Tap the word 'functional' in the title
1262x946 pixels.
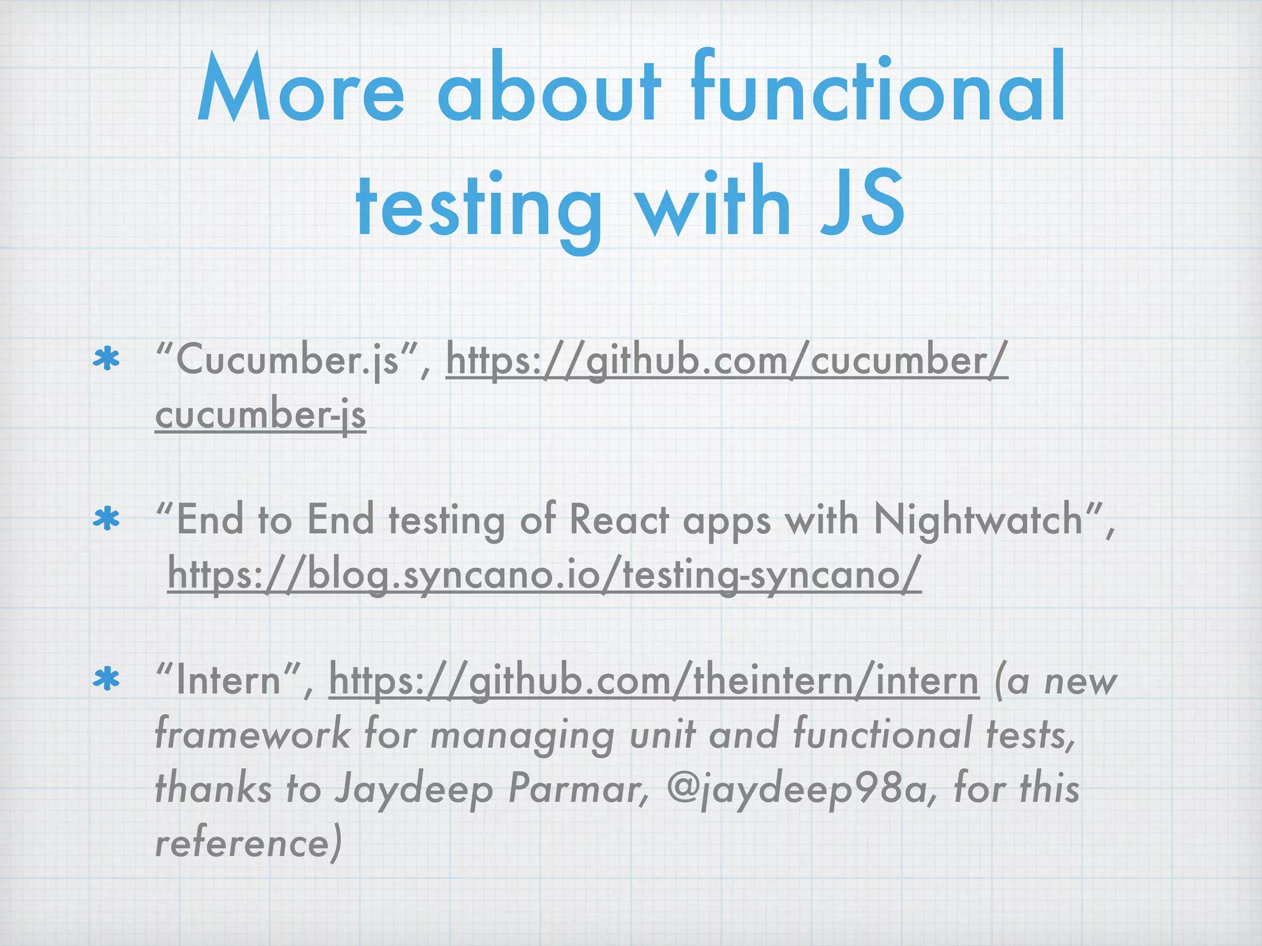878,89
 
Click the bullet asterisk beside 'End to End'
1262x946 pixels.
106,520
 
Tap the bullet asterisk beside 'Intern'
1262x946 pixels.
106,679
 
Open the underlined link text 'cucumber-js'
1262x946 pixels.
261,414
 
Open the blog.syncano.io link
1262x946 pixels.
545,574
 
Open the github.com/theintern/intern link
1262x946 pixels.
654,681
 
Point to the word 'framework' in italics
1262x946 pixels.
252,735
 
